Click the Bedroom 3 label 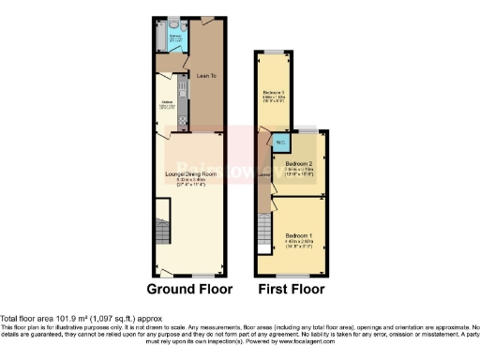[273, 93]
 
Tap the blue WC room [280, 142]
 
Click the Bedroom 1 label [300, 232]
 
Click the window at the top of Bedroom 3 [273, 52]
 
